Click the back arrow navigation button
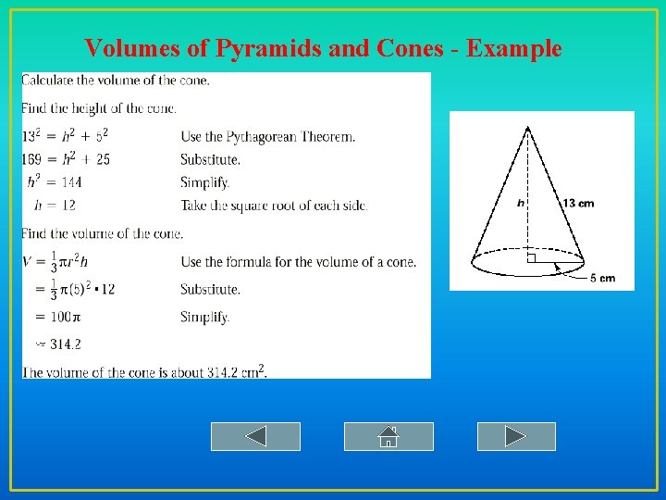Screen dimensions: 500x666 (x=255, y=436)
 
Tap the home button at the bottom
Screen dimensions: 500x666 (x=388, y=436)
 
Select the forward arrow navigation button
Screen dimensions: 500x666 (x=516, y=436)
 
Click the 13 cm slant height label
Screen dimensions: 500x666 (x=578, y=203)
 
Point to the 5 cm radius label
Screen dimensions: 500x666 (x=602, y=278)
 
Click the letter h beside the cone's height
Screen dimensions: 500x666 (x=521, y=203)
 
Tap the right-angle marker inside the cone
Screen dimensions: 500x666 (x=531, y=258)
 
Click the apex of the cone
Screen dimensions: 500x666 (x=527, y=128)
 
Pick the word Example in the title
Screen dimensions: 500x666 (x=514, y=48)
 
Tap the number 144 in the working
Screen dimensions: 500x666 (x=95, y=182)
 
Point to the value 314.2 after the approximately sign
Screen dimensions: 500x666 (x=65, y=344)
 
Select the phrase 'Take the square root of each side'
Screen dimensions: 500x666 (x=274, y=206)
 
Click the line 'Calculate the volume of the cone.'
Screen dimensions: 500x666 (x=116, y=80)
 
